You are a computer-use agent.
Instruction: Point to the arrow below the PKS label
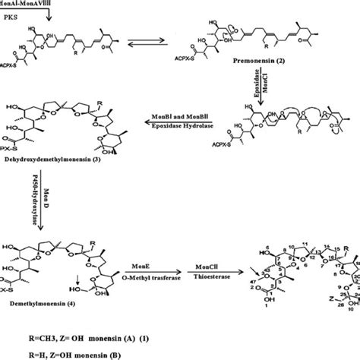point(49,17)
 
